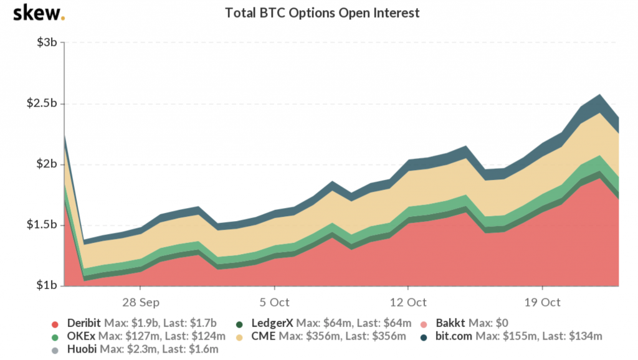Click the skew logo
37,12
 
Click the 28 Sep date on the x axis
140,302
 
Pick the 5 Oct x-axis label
274,302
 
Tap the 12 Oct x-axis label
408,302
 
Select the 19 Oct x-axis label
542,302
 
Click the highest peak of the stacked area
599,95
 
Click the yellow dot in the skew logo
62,17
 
